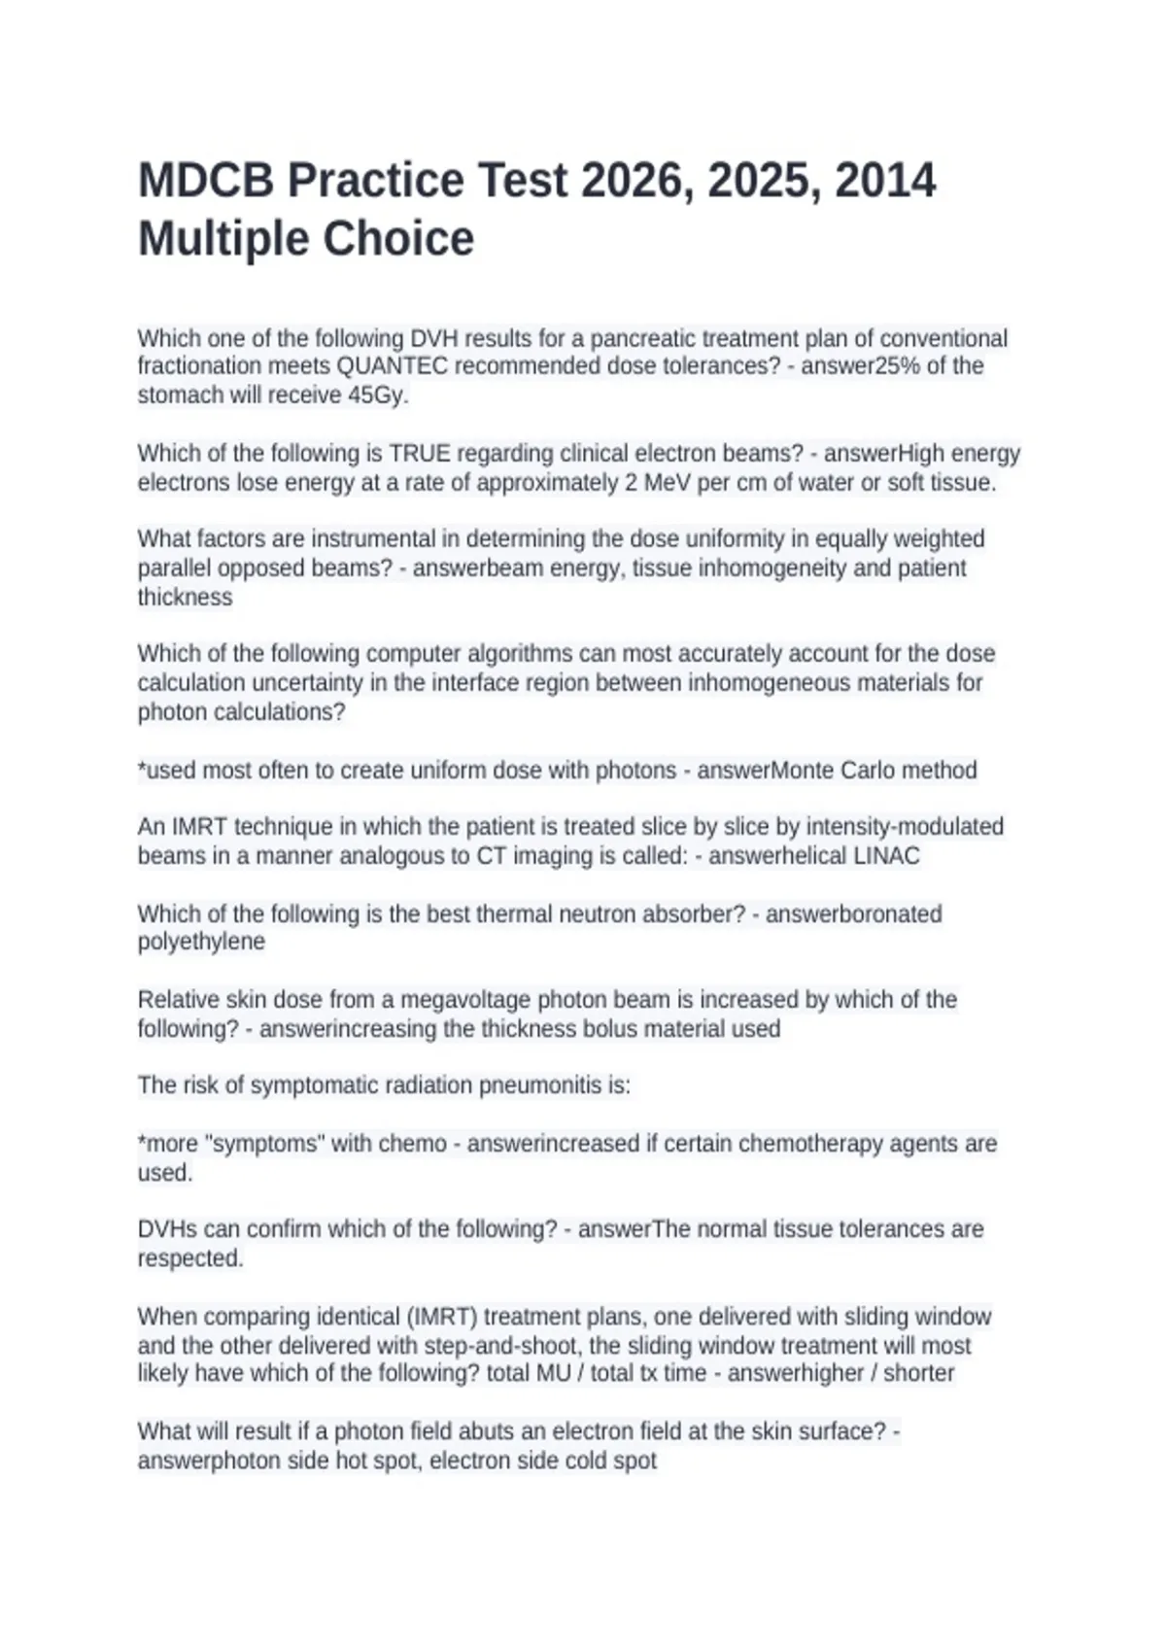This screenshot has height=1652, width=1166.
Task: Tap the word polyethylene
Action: point(201,942)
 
